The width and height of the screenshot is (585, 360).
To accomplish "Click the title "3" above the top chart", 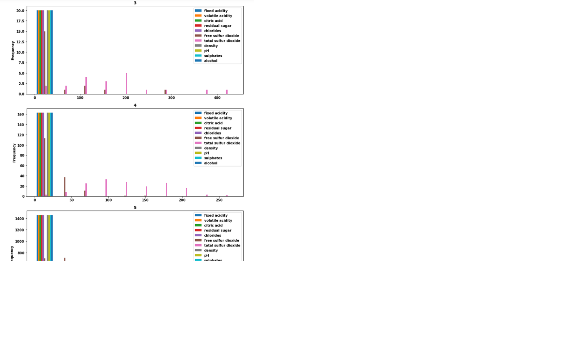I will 135,3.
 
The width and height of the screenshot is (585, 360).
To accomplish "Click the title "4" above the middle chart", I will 135,105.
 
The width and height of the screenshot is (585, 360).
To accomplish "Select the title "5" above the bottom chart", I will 135,208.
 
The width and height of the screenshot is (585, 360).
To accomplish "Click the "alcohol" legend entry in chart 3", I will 211,61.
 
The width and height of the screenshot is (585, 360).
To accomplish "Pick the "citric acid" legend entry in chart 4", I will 214,123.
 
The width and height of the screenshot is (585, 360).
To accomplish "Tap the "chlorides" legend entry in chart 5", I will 212,235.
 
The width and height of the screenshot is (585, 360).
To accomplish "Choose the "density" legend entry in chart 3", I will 211,46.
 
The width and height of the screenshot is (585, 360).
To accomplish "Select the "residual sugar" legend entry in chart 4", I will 217,128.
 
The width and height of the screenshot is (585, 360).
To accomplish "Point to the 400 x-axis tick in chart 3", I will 217,98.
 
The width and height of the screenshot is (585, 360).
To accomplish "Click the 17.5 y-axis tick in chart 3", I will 19,21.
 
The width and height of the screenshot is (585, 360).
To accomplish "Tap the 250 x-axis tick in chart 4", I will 219,200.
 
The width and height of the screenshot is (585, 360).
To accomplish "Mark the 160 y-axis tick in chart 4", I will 20,114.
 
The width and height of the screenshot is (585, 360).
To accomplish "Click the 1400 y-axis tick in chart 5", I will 19,219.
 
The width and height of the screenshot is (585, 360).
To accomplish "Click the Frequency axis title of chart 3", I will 13,50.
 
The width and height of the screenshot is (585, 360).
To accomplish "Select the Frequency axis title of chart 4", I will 14,152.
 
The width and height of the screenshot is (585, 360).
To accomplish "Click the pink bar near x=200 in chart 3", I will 126,84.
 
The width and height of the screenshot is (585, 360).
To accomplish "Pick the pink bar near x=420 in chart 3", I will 227,92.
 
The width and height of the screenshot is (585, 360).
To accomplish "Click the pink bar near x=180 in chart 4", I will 166,190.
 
